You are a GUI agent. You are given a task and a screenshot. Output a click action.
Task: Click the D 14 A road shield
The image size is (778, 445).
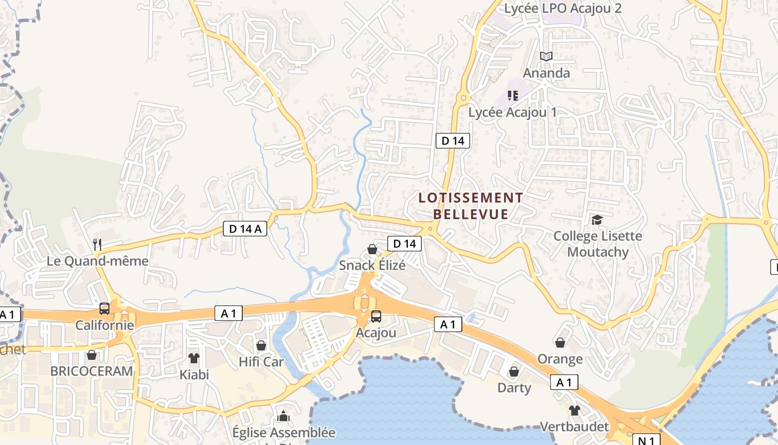point(245,228)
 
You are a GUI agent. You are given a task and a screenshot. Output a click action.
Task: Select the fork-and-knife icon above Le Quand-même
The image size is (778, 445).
point(97,244)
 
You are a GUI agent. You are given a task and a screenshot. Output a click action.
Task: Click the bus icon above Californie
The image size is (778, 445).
point(104,308)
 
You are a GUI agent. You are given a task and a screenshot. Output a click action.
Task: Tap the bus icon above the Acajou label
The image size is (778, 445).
point(376,316)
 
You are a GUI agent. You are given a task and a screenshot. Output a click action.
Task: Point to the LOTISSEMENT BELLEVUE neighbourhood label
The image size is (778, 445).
point(471,206)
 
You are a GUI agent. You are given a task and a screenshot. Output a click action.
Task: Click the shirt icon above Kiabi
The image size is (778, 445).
point(193,358)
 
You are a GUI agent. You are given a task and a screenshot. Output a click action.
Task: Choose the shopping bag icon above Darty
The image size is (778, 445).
point(514,371)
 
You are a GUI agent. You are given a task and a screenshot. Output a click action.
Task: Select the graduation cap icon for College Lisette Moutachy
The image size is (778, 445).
point(597,220)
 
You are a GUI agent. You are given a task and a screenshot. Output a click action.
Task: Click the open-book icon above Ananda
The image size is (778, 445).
point(546,56)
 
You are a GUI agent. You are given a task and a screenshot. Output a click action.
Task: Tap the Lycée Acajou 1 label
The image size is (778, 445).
point(512,112)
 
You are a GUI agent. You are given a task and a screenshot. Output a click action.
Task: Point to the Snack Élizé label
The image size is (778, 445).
point(372,265)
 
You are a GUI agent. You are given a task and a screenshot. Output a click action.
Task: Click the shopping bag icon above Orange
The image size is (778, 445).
point(560,343)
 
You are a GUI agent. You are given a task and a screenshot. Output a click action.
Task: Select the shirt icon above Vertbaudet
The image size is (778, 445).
point(574,411)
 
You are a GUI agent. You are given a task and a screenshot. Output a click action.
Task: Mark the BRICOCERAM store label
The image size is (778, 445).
point(92,371)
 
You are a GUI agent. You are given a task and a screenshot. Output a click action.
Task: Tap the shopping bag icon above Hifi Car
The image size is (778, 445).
point(261,345)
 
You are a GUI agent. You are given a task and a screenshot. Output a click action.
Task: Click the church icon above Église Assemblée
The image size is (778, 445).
point(283,416)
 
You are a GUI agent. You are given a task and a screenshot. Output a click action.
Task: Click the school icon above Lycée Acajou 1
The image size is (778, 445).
point(512,96)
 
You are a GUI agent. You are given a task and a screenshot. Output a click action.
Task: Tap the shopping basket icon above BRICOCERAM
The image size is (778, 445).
point(92,354)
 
